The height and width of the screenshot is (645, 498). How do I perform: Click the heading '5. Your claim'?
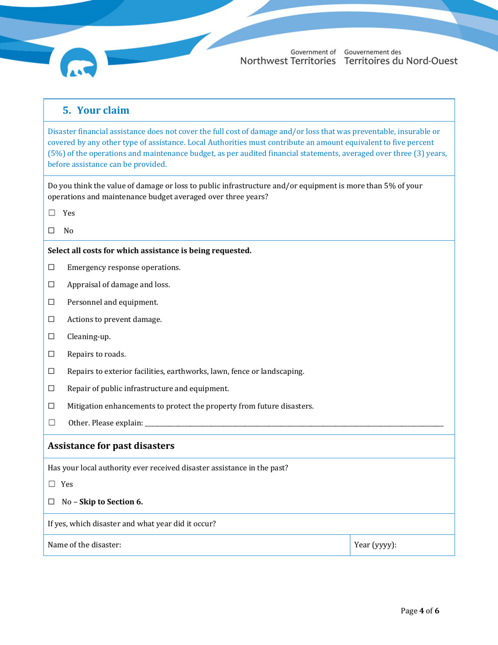click(96, 111)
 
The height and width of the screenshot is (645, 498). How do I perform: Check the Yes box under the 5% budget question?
click(51, 213)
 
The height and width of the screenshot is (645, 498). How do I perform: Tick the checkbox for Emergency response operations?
click(51, 267)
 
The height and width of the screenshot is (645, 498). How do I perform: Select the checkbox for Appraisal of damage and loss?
click(51, 285)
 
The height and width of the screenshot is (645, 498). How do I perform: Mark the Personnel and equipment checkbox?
click(51, 302)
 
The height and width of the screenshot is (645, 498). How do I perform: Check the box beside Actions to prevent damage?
click(51, 319)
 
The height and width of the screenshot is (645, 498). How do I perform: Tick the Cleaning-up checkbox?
click(51, 337)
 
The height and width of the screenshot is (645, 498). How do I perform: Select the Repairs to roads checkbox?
click(51, 354)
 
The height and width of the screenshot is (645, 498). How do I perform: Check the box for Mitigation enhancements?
click(51, 406)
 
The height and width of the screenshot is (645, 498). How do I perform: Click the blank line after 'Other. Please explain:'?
click(294, 424)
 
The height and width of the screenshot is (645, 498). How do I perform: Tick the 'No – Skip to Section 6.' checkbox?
click(51, 502)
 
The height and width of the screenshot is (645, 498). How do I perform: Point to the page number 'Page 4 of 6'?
click(419, 611)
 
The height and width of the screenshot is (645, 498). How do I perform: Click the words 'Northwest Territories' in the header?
click(288, 61)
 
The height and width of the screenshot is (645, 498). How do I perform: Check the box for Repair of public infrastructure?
click(51, 389)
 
